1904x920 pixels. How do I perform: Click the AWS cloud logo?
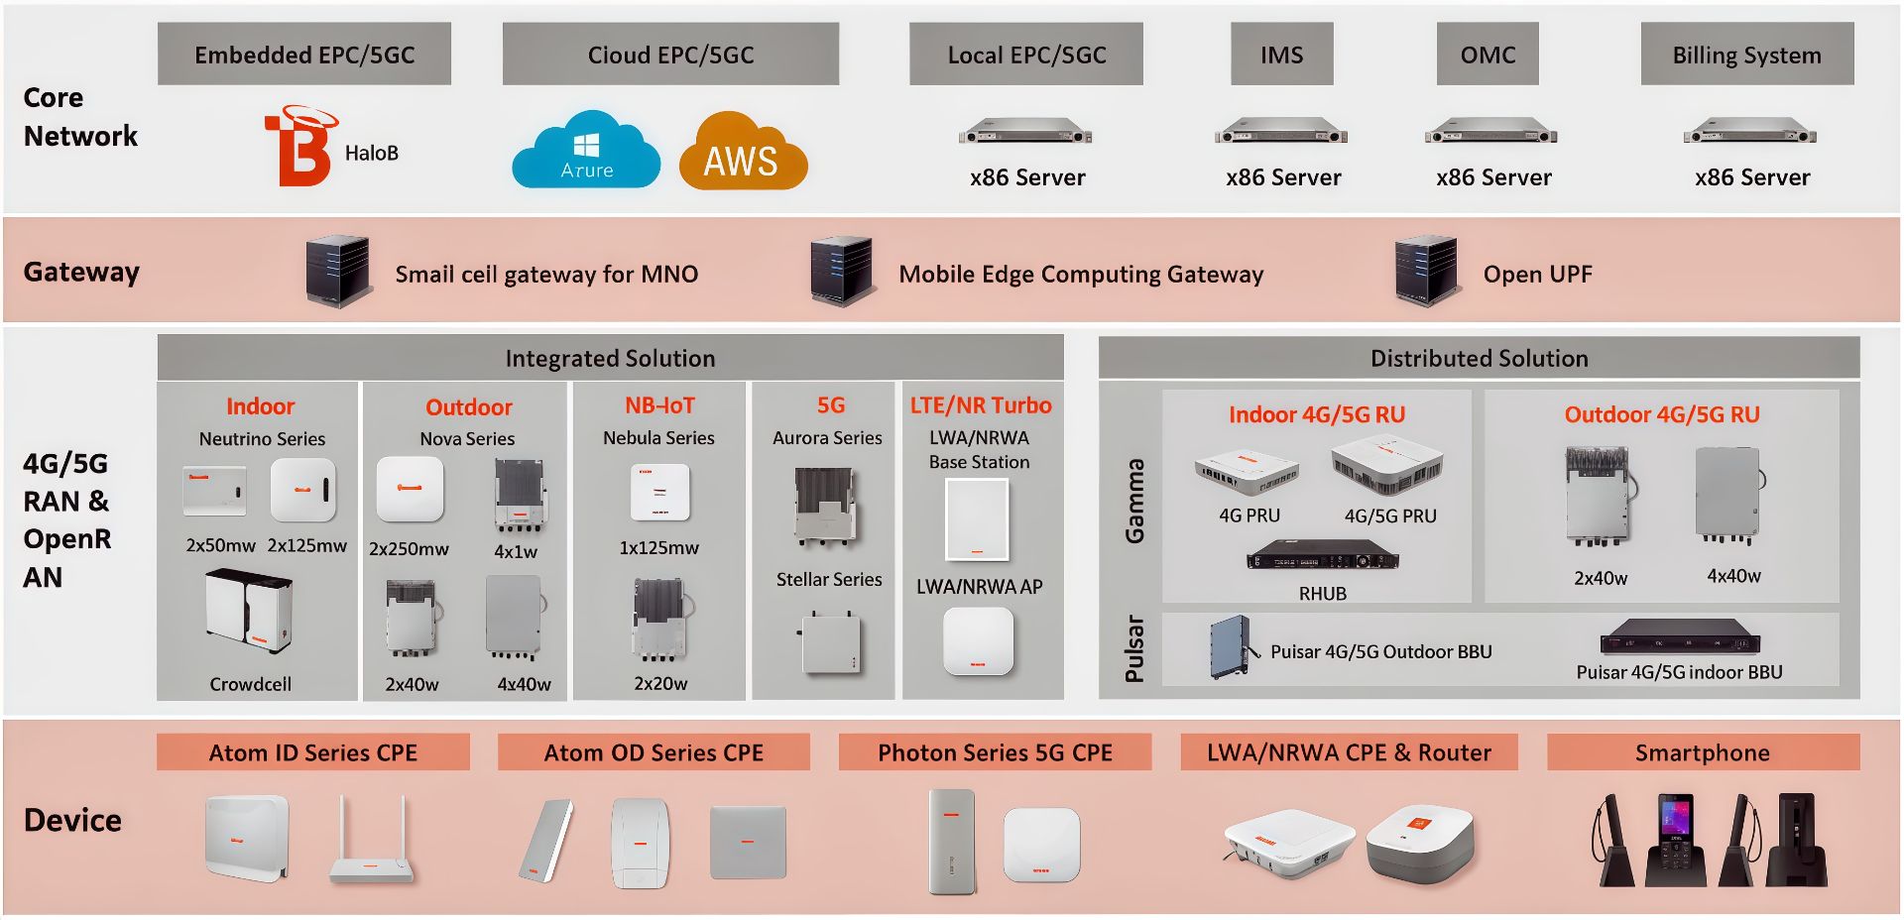point(743,153)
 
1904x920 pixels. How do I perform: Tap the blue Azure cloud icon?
point(586,152)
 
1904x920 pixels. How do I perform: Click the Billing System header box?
point(1746,55)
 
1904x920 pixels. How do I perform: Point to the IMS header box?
point(1281,55)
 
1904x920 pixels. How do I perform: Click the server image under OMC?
point(1490,132)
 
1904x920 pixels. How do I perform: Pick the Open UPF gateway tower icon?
point(1427,270)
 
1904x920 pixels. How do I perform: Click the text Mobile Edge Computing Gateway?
point(1081,275)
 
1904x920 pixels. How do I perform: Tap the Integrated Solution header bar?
point(610,358)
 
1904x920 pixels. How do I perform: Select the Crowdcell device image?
point(250,612)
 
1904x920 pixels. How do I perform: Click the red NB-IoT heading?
point(659,405)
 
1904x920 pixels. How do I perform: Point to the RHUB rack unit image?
point(1322,556)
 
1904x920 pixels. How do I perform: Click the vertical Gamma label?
point(1134,501)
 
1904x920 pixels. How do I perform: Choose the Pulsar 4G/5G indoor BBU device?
point(1679,635)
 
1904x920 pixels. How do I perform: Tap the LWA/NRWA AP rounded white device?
point(978,641)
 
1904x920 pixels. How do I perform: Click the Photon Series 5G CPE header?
point(995,752)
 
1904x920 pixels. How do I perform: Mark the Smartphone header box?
point(1702,752)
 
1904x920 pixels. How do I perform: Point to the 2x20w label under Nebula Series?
point(660,683)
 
